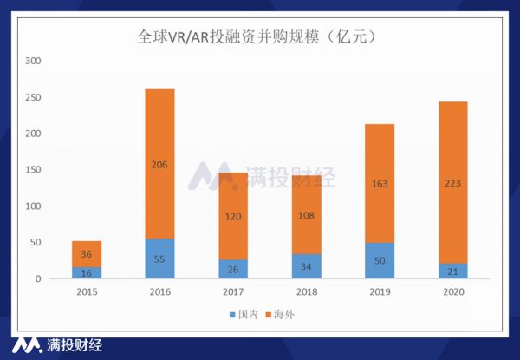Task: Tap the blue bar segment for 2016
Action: (x=159, y=259)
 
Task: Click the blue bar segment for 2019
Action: (x=380, y=260)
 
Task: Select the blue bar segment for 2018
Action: (x=306, y=266)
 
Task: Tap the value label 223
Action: (x=453, y=183)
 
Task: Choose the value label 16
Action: (x=86, y=273)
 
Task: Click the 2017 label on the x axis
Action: (x=233, y=293)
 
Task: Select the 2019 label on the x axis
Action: (x=380, y=293)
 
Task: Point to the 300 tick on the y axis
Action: (x=34, y=62)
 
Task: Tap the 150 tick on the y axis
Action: (x=34, y=170)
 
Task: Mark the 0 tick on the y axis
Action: (x=38, y=279)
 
